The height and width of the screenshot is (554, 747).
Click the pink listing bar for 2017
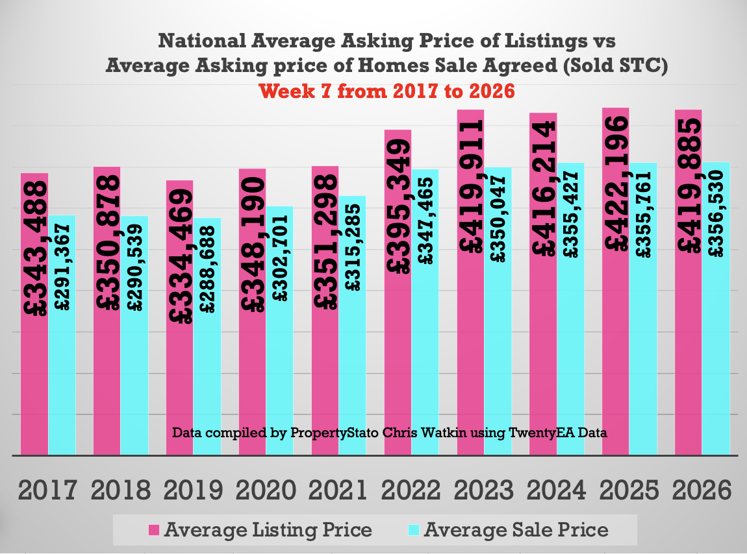[x=34, y=376]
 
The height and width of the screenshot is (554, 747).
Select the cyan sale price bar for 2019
[x=207, y=376]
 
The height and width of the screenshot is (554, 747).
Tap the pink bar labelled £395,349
[x=398, y=363]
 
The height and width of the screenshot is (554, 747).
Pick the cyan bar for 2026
[x=716, y=363]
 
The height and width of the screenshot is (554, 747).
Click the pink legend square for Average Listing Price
[x=154, y=530]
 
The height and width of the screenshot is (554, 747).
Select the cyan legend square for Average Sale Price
[x=414, y=530]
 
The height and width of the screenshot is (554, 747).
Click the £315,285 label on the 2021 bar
[x=352, y=248]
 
